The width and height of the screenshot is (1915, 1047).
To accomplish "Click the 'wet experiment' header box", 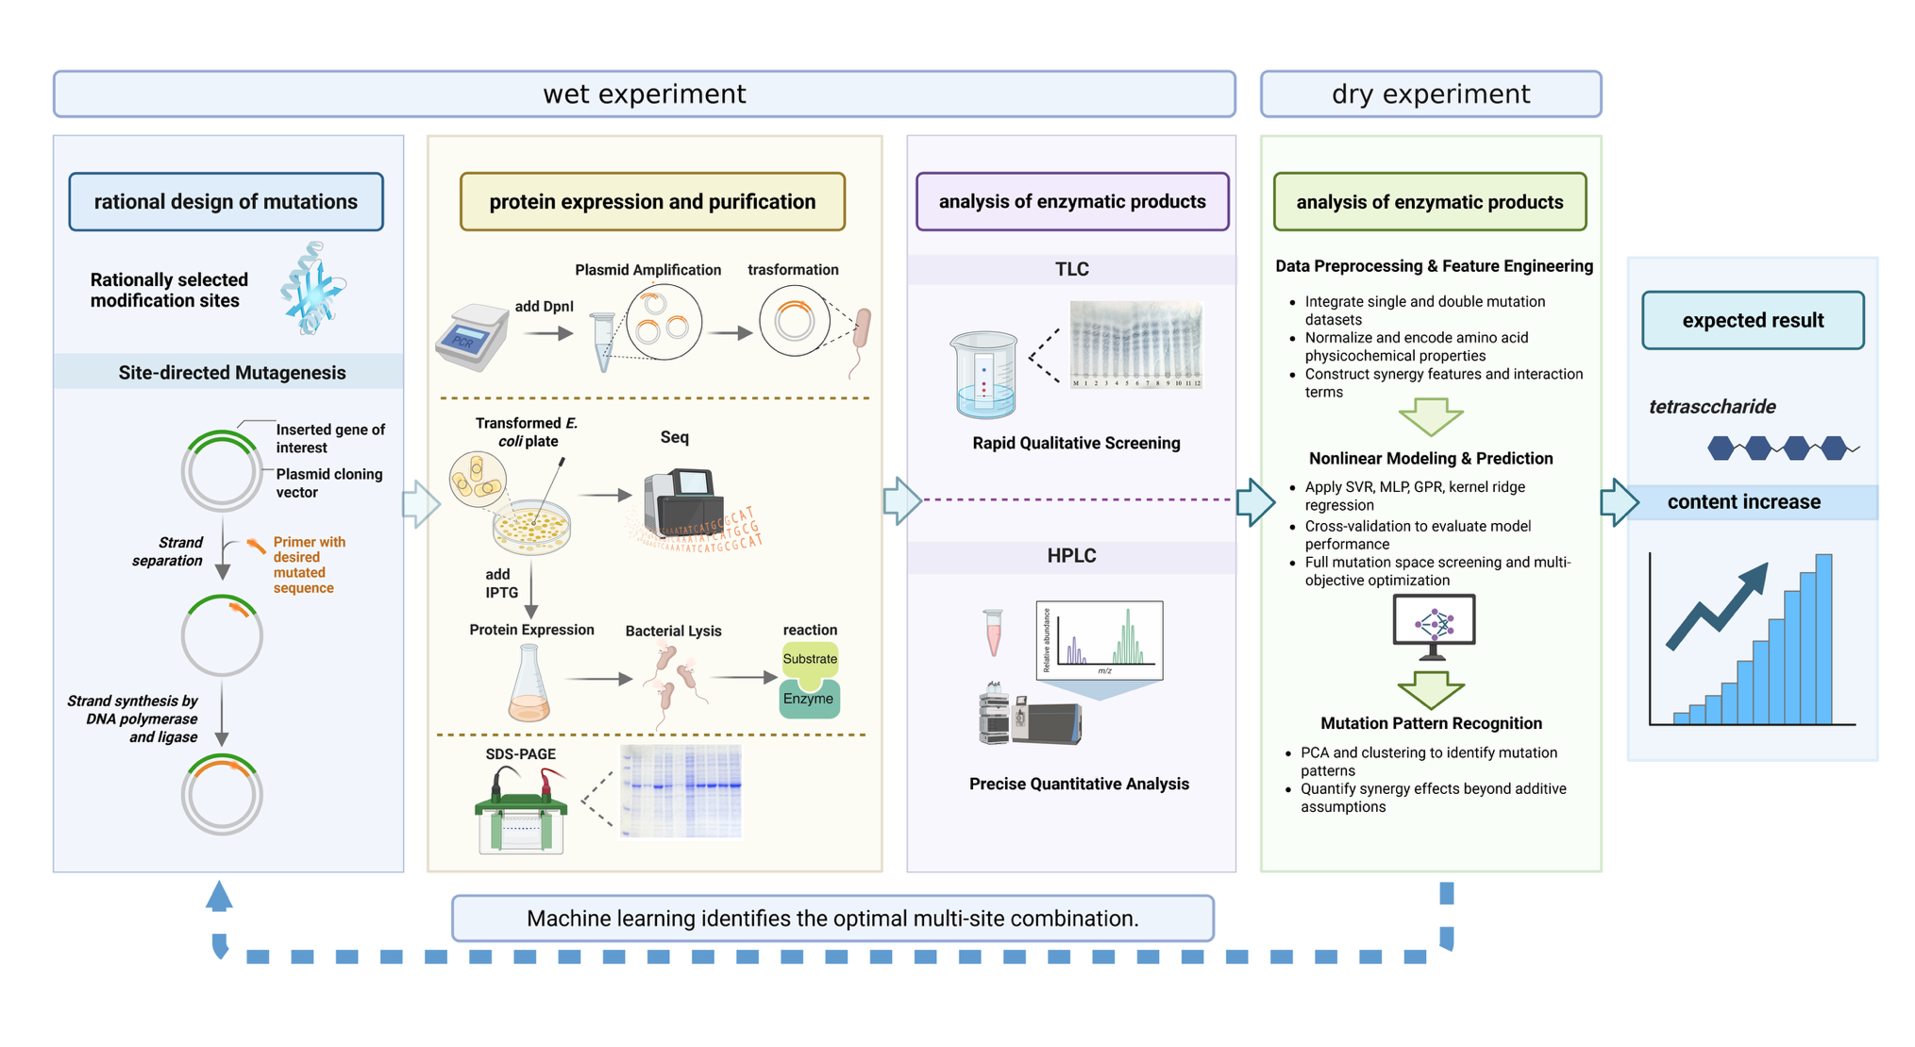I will tap(644, 94).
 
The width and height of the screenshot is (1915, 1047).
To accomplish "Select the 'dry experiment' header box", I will tap(1430, 94).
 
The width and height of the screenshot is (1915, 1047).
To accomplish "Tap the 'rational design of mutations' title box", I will tap(226, 202).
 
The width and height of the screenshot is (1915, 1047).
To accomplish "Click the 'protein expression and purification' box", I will tap(652, 202).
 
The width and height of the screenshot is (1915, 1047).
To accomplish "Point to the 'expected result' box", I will tap(1752, 321).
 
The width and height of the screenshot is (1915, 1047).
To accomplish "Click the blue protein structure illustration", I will tap(312, 289).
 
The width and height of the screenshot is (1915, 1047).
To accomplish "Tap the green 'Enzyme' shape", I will tap(809, 700).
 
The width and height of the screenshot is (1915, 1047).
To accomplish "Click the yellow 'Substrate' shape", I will tap(809, 659).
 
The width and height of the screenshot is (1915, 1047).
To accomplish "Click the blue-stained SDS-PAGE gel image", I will tap(681, 791).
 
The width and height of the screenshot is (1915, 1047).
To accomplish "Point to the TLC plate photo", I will tap(1135, 345).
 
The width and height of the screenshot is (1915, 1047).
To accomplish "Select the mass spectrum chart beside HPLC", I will tap(1099, 640).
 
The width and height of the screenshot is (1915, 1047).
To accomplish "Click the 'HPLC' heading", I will tap(1071, 556).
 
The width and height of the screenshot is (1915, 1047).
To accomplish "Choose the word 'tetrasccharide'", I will tap(1711, 407).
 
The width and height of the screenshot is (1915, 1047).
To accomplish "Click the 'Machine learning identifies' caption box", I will tap(832, 919).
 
